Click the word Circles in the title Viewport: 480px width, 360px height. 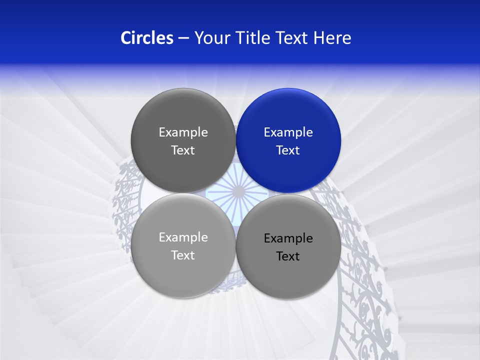(146, 38)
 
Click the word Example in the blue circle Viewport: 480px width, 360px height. (288, 132)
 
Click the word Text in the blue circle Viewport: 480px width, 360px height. (288, 150)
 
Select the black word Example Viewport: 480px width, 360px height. (288, 238)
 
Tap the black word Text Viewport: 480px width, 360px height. (288, 256)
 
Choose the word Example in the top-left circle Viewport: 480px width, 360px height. (183, 132)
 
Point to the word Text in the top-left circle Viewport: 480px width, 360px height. (183, 150)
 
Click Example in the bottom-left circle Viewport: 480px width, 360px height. (183, 237)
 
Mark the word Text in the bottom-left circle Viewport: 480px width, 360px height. (183, 255)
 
